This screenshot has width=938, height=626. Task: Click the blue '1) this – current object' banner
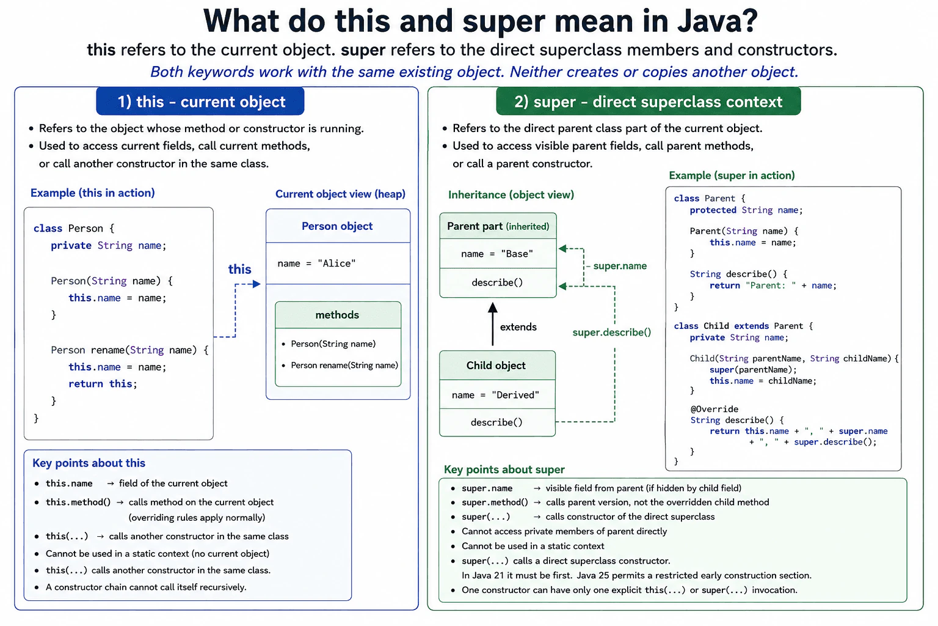[x=200, y=101]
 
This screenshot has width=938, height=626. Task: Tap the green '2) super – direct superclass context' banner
[x=648, y=101]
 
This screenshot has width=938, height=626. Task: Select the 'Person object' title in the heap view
[x=337, y=226]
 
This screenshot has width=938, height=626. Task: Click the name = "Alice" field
[x=316, y=263]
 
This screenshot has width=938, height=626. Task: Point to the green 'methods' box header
[x=338, y=315]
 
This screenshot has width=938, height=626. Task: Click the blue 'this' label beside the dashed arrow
[x=239, y=269]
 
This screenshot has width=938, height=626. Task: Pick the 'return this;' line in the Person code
[x=103, y=384]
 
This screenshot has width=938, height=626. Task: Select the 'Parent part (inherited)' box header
[x=498, y=226]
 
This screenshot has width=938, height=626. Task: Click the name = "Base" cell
[x=498, y=254]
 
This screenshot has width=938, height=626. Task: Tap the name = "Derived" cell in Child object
[x=496, y=395]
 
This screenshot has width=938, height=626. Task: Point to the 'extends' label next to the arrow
[x=518, y=327]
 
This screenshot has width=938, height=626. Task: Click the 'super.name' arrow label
[x=620, y=266]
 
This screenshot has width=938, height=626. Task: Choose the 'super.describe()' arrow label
[x=612, y=333]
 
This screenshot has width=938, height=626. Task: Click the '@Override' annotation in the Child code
[x=714, y=409]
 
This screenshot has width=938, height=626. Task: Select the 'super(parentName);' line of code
[x=754, y=370]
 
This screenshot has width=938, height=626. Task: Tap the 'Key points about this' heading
[x=89, y=463]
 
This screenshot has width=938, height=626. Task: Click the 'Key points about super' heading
[x=504, y=469]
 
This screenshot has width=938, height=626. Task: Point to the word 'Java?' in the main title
[x=718, y=21]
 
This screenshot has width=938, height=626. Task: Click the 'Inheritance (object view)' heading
[x=511, y=195]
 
